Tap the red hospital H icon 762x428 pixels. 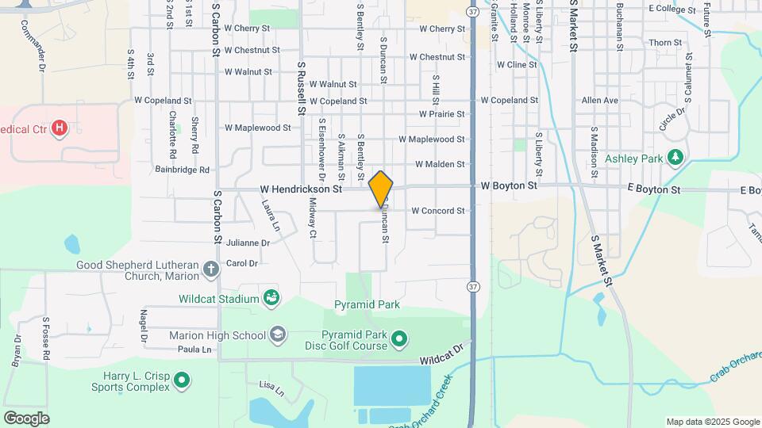59,128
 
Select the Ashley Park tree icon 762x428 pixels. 675,159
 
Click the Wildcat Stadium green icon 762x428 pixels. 271,298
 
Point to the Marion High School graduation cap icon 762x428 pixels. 277,334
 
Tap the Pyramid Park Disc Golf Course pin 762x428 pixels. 400,340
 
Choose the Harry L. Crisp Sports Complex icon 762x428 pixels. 182,381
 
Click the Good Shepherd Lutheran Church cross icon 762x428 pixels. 210,269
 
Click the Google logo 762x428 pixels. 26,418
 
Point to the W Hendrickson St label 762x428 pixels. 301,190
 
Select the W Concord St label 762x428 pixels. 437,211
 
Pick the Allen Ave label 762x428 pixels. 599,101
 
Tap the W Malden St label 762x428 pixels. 439,164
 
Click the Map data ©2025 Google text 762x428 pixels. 713,422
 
